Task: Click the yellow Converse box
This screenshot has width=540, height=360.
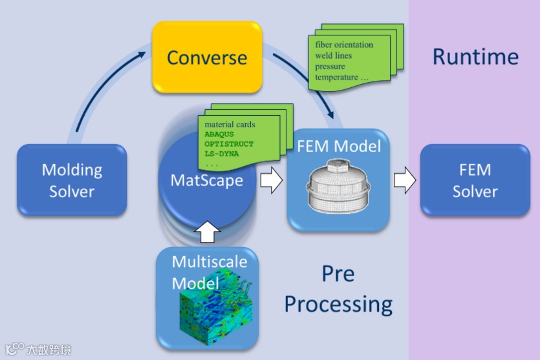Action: tap(207, 58)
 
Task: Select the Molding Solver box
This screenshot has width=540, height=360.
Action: tap(72, 180)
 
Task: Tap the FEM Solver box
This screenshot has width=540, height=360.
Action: tap(475, 180)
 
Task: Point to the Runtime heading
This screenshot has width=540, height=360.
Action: tap(475, 57)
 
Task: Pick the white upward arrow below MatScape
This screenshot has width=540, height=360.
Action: tap(207, 231)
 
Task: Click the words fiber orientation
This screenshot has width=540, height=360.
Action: tap(344, 45)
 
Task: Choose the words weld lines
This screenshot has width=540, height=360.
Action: tap(334, 56)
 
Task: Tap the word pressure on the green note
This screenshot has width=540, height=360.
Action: tap(330, 67)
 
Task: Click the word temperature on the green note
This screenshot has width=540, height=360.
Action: tap(336, 78)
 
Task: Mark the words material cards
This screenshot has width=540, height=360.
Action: tap(230, 124)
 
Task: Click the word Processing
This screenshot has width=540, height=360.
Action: tap(338, 303)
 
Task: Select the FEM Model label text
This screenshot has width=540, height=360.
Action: tap(338, 146)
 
